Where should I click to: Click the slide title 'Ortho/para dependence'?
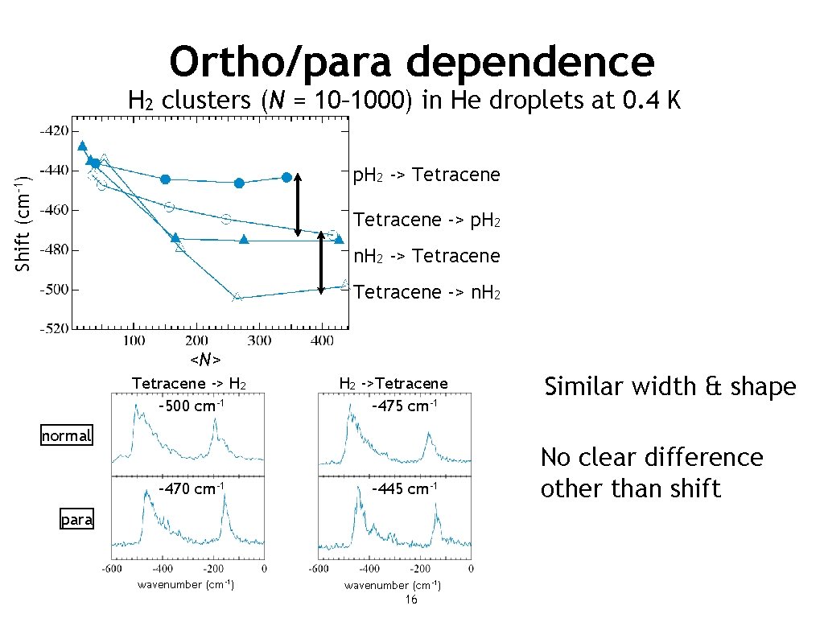point(412,60)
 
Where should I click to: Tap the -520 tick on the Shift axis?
point(54,329)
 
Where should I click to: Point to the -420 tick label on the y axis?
point(54,130)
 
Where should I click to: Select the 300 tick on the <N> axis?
point(258,341)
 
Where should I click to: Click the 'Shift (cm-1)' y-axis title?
point(24,224)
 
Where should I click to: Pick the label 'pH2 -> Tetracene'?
point(426,175)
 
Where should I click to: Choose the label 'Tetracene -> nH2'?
point(426,292)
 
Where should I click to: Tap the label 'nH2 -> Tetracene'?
point(426,256)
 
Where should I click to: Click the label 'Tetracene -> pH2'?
point(426,219)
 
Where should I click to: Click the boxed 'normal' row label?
point(67,436)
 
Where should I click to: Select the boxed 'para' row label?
point(77,520)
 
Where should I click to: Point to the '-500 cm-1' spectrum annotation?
point(191,405)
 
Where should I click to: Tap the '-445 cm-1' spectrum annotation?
point(404,488)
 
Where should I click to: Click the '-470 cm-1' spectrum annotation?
point(191,488)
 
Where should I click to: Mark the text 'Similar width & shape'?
point(669,387)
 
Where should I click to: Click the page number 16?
point(410,600)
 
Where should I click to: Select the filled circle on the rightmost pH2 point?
point(286,177)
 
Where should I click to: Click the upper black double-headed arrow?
point(298,204)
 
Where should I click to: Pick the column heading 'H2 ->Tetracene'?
point(393,384)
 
